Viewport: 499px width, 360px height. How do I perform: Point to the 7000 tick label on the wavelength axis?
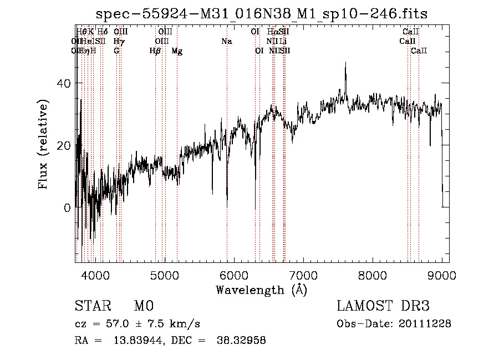pyautogui.click(x=303, y=274)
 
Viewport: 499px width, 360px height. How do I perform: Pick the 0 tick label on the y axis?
pyautogui.click(x=68, y=208)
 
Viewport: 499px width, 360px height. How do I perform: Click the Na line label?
pyautogui.click(x=226, y=41)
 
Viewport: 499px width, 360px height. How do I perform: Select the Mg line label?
pyautogui.click(x=177, y=51)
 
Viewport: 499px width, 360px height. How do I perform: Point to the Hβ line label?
pyautogui.click(x=155, y=51)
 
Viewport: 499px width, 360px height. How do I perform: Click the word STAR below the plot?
pyautogui.click(x=92, y=307)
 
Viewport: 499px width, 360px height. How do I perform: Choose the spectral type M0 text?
pyautogui.click(x=143, y=307)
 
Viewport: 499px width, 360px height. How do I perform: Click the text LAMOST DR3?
pyautogui.click(x=383, y=307)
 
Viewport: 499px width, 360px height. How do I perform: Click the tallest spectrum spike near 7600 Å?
pyautogui.click(x=345, y=63)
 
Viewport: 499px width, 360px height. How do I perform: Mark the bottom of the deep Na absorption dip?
pyautogui.click(x=227, y=206)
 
